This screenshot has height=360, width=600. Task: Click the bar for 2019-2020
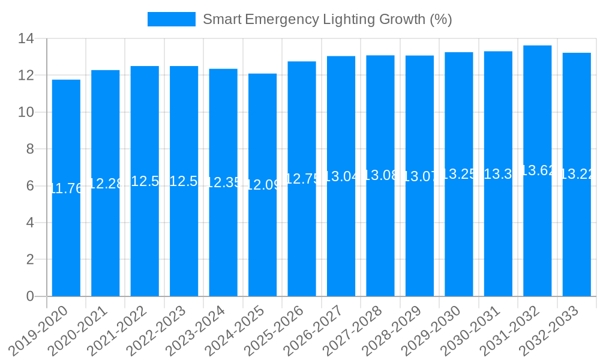(66, 240)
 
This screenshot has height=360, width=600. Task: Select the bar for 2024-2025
(262, 240)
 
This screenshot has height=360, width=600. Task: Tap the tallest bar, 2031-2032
(537, 240)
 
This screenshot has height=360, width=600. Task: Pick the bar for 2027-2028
(380, 240)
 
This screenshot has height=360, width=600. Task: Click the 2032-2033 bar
(577, 240)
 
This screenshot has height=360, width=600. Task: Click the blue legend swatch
(172, 19)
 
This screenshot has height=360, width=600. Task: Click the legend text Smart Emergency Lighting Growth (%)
(327, 19)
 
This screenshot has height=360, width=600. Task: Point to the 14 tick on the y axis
(26, 39)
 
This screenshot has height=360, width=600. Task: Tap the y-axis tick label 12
(26, 76)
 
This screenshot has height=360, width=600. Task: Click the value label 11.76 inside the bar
(66, 188)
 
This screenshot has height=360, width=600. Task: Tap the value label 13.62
(537, 170)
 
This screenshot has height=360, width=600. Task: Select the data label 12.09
(262, 185)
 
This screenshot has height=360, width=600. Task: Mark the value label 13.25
(459, 174)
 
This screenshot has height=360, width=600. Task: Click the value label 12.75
(302, 179)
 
